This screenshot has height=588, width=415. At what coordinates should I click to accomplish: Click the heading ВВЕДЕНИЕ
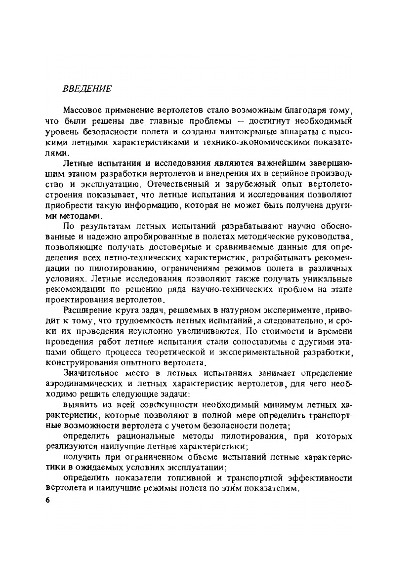(87, 89)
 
